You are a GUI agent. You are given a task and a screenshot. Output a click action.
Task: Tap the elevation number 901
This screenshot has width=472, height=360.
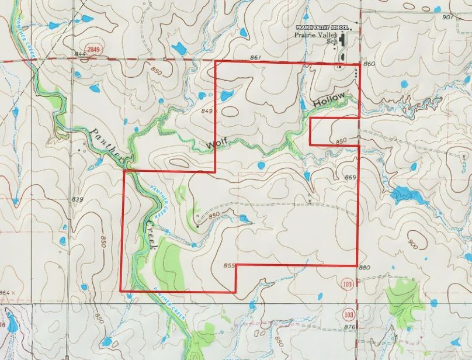coord(447,17)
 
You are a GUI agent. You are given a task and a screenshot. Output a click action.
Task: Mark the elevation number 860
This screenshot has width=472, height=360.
coord(369,63)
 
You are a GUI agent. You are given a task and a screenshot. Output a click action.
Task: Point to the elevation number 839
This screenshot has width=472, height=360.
coord(77,200)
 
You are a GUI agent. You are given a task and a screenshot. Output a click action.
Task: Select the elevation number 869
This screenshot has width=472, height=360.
coord(350,177)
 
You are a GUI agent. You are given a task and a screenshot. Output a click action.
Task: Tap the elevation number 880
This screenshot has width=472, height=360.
coord(365,268)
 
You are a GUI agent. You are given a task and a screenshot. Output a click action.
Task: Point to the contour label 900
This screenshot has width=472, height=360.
coord(414,243)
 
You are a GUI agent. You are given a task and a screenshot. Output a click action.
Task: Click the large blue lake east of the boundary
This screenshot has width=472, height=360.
coord(404,194)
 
